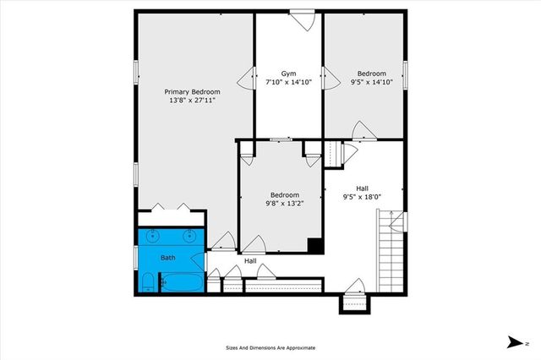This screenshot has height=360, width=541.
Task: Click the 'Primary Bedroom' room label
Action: point(192,91)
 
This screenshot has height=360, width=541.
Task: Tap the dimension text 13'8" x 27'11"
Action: point(192,101)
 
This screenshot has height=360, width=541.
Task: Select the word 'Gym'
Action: point(288,74)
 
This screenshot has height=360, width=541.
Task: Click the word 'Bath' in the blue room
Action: point(168,258)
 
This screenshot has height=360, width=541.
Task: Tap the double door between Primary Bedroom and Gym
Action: point(246,79)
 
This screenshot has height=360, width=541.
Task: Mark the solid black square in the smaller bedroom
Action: point(314,246)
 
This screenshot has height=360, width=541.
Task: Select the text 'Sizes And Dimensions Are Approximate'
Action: point(270,347)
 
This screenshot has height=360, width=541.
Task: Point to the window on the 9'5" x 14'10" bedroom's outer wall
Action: point(406,75)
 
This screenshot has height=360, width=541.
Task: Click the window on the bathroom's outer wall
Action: point(136,258)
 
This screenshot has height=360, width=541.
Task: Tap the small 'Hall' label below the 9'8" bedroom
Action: point(250,261)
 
